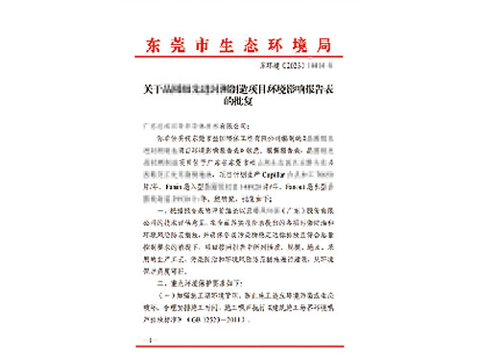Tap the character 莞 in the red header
click(x=180, y=44)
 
